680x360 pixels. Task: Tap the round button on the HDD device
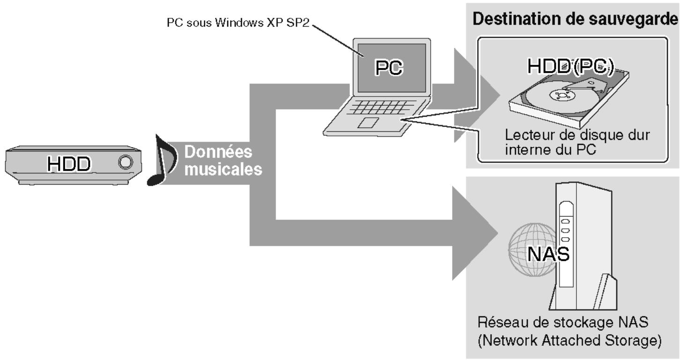point(126,162)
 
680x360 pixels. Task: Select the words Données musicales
point(222,161)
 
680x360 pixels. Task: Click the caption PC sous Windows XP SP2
point(238,23)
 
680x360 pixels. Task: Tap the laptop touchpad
point(368,123)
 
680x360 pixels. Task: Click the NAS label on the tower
point(548,254)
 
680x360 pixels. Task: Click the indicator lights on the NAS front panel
point(565,230)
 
